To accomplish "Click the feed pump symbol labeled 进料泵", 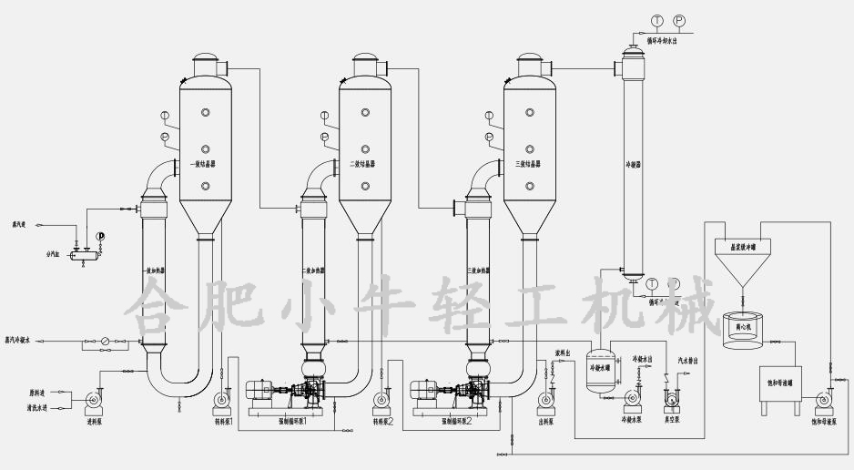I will coord(92,399).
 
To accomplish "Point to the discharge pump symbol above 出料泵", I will coord(545,399).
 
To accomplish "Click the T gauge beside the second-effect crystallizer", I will coord(325,116).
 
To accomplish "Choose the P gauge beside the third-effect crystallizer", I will coord(489,137).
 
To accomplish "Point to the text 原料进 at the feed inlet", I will coord(36,393).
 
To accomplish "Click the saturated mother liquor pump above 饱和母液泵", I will coord(826,399).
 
